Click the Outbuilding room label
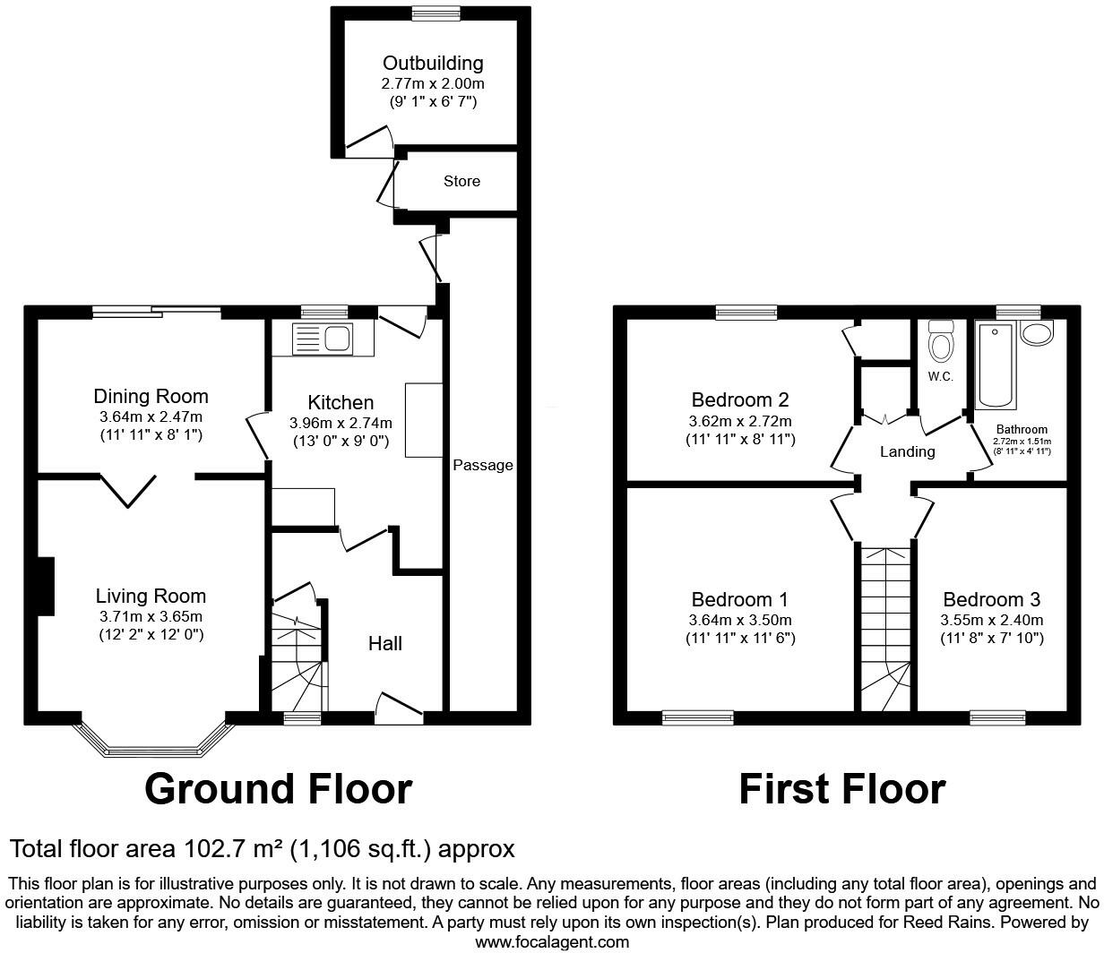click(433, 64)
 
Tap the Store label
click(461, 181)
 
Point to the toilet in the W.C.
click(940, 341)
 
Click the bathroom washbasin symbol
click(1039, 334)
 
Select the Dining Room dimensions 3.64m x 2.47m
click(151, 417)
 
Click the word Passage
click(483, 465)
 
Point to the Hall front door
click(399, 709)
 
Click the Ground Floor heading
click(278, 789)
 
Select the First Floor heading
click(841, 789)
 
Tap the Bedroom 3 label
click(991, 599)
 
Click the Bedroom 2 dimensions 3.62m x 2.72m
click(740, 421)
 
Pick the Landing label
click(907, 451)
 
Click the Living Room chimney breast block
click(46, 587)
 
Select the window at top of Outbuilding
click(436, 13)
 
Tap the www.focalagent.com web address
click(551, 941)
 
